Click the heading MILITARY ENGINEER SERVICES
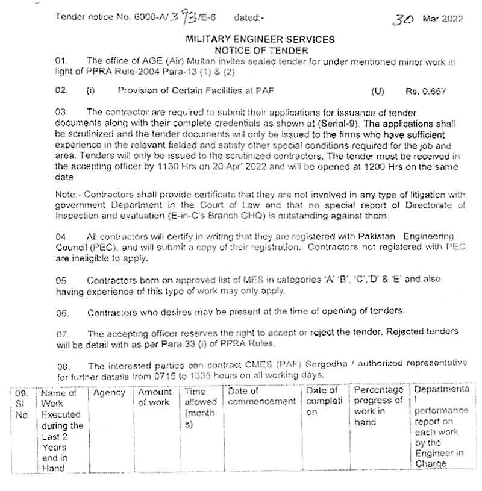click(x=261, y=39)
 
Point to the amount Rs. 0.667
click(x=426, y=92)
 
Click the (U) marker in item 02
click(x=378, y=92)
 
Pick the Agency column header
click(x=109, y=393)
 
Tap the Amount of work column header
click(x=154, y=398)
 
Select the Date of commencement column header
click(x=261, y=397)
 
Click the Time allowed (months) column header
click(x=200, y=408)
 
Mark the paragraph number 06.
click(x=62, y=313)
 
